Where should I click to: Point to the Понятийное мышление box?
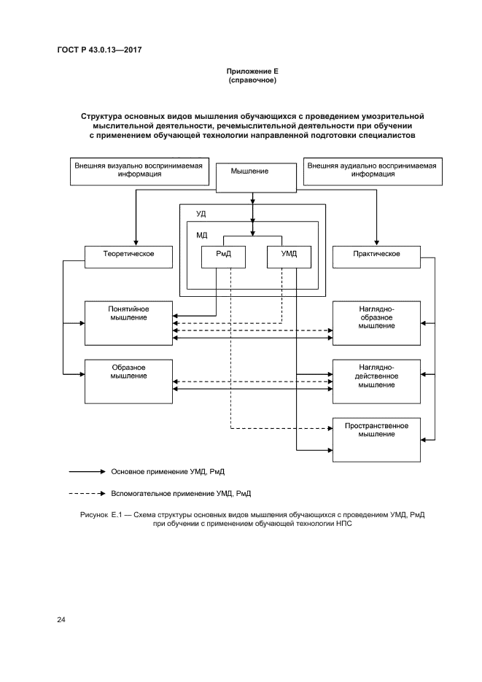129,322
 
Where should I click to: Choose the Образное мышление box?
129,381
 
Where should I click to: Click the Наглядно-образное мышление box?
376,322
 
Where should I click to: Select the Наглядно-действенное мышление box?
376,381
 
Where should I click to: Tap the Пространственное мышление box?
376,439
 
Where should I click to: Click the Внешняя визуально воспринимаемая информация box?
139,170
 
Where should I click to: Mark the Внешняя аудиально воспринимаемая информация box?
372,170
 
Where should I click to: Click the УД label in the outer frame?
201,214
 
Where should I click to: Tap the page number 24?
61,620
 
